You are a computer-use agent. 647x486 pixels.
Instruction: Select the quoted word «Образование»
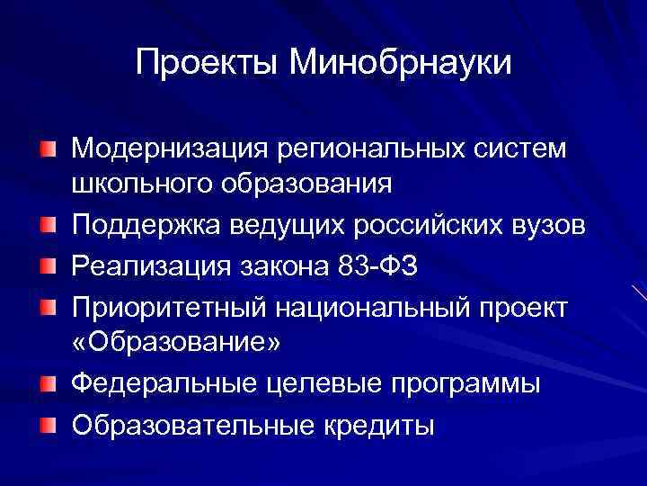click(176, 343)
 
